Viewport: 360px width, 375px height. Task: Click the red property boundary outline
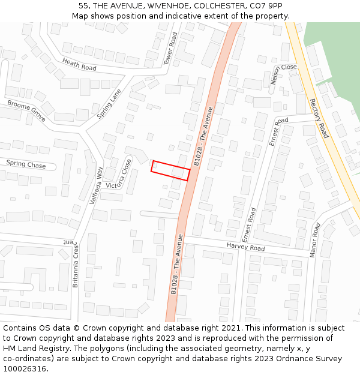170,170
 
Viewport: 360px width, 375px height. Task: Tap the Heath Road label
79,64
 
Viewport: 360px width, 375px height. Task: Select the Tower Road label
171,48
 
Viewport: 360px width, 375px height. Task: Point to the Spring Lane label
109,103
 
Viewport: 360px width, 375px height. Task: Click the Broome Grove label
26,110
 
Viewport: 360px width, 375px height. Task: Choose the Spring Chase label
26,164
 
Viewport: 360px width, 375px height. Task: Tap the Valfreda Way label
96,185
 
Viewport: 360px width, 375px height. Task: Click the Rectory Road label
319,118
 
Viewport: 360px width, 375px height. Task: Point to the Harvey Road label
245,247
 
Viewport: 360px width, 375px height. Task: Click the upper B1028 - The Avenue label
204,136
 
